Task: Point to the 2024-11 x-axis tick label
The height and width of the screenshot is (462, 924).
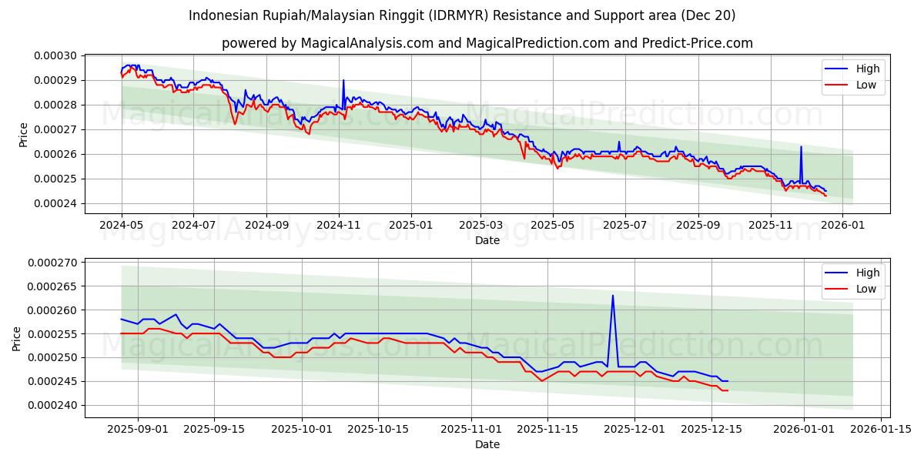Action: click(339, 225)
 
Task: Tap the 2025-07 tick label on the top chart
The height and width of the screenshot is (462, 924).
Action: click(624, 225)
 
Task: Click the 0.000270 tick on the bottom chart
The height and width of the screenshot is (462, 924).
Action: click(55, 263)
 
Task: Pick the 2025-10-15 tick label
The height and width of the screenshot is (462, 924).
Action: click(377, 429)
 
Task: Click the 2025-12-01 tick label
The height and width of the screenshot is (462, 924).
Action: click(634, 429)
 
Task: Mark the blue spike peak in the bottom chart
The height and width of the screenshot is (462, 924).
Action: click(613, 295)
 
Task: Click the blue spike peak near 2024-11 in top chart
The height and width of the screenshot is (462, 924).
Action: click(343, 80)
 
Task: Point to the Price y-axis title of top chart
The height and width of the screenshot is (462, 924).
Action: click(24, 135)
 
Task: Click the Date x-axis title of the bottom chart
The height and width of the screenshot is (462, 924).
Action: click(487, 444)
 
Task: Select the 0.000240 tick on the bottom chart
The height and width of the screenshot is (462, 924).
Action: click(55, 405)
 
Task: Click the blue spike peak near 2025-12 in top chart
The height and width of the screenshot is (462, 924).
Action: click(801, 146)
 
